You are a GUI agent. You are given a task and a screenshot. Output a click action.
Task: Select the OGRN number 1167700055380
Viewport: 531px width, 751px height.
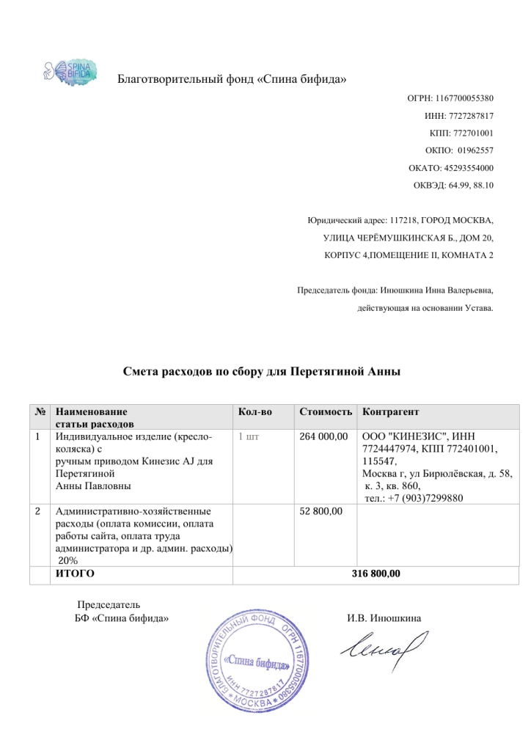click(466, 98)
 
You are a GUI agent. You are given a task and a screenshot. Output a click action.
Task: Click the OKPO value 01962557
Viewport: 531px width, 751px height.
click(476, 151)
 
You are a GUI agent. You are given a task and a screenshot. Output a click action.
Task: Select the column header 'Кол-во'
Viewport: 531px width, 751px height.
click(255, 412)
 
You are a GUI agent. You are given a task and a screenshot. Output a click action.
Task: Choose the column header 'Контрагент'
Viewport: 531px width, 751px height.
click(391, 412)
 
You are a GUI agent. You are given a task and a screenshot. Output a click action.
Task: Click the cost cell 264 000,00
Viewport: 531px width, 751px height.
click(324, 437)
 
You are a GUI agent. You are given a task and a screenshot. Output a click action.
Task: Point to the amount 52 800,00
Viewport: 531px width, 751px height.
click(322, 510)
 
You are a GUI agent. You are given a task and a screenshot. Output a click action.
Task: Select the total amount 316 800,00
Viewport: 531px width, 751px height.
click(376, 574)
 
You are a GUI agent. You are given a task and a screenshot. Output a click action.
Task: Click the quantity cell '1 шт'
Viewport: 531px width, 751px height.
click(249, 437)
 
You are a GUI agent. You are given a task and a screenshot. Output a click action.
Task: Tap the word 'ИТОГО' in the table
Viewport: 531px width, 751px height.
click(76, 574)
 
